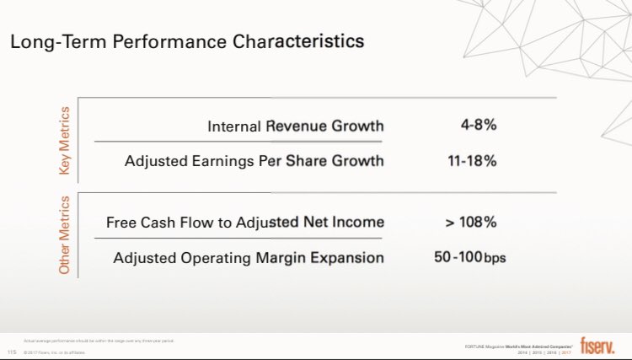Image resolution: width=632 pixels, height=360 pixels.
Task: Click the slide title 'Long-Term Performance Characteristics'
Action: click(187, 40)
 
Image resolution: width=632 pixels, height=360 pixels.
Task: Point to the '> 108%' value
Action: click(471, 223)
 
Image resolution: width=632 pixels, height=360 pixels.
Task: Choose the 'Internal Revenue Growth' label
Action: click(295, 126)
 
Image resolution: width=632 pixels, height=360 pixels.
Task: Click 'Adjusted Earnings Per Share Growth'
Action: click(254, 160)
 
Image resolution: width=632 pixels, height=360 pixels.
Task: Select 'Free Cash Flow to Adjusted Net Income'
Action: click(245, 223)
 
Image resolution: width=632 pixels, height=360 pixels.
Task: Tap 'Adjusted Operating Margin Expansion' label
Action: click(249, 257)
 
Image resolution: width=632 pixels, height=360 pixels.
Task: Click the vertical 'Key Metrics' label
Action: click(65, 141)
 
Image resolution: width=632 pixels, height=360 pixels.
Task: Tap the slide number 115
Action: click(12, 352)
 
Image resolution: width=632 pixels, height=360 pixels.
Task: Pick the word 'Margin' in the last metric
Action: click(290, 257)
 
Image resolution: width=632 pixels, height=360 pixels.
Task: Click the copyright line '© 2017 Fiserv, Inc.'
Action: click(56, 352)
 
